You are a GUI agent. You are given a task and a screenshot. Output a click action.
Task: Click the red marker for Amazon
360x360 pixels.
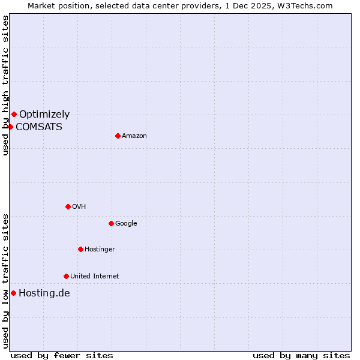click(x=118, y=136)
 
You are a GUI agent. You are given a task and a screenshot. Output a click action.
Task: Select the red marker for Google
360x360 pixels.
click(x=111, y=223)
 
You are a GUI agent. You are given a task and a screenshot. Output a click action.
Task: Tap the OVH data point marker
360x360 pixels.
click(x=68, y=206)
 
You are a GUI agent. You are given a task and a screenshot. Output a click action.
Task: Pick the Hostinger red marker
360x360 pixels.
click(x=80, y=249)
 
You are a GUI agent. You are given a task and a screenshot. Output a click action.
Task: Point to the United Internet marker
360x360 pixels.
click(x=66, y=276)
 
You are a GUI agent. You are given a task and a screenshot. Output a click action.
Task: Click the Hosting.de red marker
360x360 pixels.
click(x=13, y=293)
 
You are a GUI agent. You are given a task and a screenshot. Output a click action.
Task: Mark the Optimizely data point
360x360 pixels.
click(x=14, y=114)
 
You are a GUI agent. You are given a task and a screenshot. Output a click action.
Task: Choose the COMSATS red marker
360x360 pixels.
click(x=10, y=127)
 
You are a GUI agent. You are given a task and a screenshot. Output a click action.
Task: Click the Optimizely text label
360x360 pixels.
click(x=44, y=114)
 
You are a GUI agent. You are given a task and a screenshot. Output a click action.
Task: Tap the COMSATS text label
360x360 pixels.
click(x=39, y=127)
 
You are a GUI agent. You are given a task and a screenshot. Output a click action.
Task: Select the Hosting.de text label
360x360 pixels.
click(x=44, y=293)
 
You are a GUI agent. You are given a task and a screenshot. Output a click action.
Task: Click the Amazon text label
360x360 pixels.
click(x=134, y=136)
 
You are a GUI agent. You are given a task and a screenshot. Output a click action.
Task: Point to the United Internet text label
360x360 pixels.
click(x=95, y=276)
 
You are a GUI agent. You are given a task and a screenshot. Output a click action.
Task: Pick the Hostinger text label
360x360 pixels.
click(x=100, y=249)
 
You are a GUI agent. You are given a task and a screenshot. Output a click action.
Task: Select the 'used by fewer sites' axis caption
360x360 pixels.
click(x=62, y=355)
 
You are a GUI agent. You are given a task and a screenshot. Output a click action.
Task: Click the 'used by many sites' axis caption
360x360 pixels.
click(x=301, y=355)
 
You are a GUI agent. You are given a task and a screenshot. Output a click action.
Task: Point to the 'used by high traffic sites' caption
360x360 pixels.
click(x=5, y=85)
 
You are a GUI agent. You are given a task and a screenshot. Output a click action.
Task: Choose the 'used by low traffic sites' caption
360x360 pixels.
click(x=5, y=281)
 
